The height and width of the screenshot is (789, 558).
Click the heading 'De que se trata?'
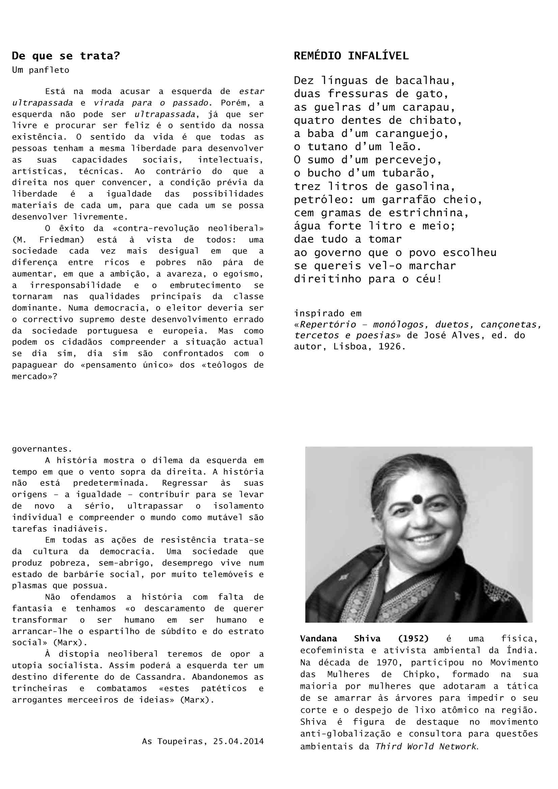(x=66, y=56)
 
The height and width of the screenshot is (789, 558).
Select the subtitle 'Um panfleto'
(x=40, y=70)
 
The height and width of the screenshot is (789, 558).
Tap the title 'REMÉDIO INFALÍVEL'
(x=351, y=56)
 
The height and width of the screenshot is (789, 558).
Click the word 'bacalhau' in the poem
(x=425, y=81)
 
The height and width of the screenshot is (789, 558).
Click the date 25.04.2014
(x=238, y=741)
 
